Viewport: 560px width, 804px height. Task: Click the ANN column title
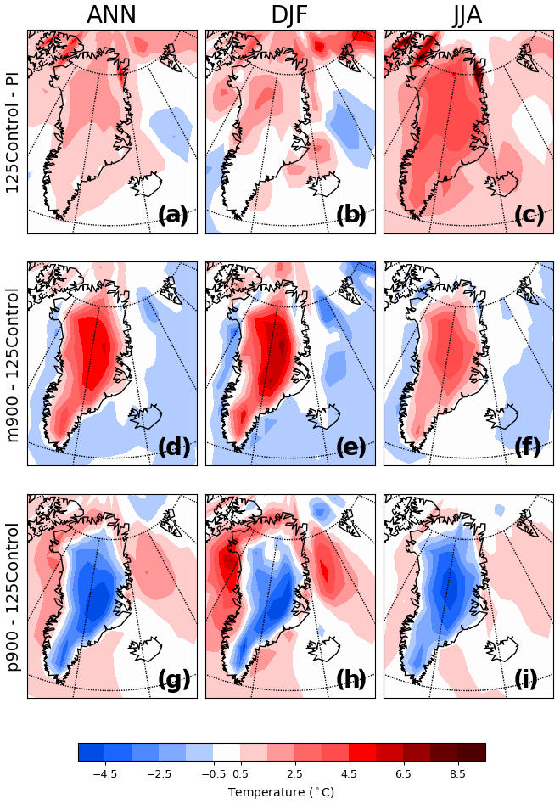click(111, 14)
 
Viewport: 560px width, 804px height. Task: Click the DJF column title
click(289, 14)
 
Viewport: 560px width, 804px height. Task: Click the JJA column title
click(468, 14)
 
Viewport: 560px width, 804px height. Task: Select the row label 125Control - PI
click(12, 132)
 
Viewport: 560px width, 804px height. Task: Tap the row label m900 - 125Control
click(12, 363)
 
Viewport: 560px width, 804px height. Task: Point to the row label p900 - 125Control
click(12, 597)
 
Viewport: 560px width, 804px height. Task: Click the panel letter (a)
click(174, 216)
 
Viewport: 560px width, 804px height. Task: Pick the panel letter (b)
click(351, 216)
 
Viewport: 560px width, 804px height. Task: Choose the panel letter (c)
click(529, 216)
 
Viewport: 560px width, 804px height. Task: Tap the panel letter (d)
click(174, 447)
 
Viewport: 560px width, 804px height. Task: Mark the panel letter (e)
click(351, 447)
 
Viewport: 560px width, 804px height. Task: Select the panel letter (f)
click(528, 447)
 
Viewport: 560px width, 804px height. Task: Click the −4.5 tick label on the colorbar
click(104, 773)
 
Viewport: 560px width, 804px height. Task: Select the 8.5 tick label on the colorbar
click(458, 773)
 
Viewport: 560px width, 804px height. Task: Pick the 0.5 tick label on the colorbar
click(240, 773)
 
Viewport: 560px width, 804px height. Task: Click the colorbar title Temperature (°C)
click(281, 792)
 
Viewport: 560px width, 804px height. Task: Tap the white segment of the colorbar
click(227, 752)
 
